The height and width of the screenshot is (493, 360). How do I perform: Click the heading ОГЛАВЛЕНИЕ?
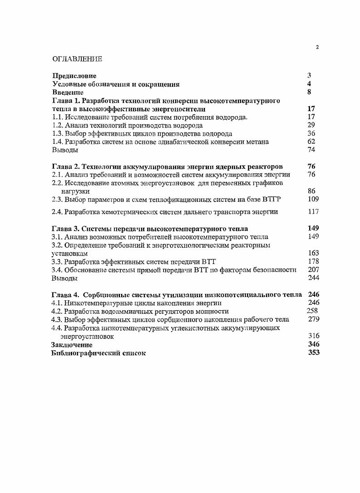[77, 59]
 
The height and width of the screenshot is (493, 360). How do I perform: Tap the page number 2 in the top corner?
[317, 48]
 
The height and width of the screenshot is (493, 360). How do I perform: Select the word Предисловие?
[74, 76]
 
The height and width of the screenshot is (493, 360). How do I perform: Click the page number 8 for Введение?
[309, 92]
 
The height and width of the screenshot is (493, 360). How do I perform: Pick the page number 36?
[311, 133]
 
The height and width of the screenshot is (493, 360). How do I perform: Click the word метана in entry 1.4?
[258, 142]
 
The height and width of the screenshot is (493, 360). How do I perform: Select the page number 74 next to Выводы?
[311, 150]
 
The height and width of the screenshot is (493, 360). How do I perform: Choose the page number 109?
[313, 199]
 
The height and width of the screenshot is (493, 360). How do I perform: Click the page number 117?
[313, 211]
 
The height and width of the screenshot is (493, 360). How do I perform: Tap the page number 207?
[313, 269]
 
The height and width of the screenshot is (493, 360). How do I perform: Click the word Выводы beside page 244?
[64, 278]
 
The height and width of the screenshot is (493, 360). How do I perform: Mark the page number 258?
[312, 311]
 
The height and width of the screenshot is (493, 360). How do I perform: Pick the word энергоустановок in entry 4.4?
[87, 336]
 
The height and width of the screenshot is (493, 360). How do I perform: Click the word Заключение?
[71, 345]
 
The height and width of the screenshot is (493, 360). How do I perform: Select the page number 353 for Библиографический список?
[313, 352]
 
